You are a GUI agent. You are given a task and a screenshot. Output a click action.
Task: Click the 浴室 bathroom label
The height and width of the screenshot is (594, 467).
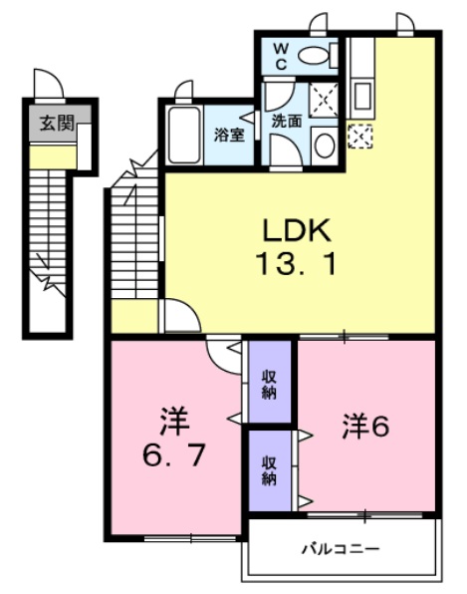[x=229, y=136]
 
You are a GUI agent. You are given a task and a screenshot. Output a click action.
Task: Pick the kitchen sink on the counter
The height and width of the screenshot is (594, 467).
[x=362, y=97]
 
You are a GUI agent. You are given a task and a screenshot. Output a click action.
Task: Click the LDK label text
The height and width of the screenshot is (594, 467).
[x=296, y=231]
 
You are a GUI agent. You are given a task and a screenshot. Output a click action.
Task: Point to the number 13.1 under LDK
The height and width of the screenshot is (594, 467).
[x=296, y=265]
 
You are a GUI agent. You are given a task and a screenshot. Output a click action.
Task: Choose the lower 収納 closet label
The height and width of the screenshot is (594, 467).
[x=270, y=469]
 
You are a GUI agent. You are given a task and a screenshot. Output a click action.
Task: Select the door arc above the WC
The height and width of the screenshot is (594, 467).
[x=319, y=23]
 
